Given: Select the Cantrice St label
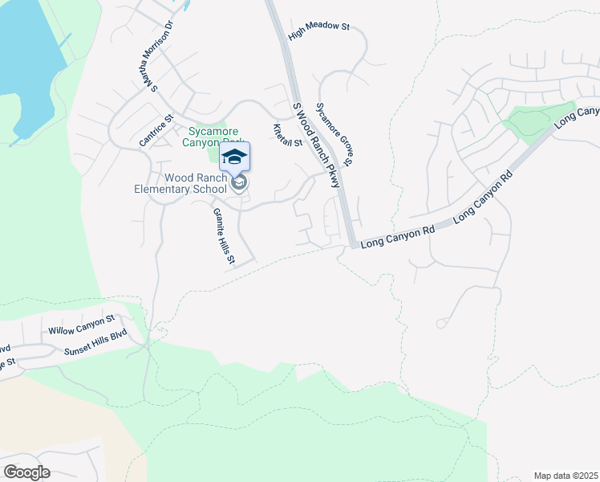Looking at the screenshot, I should click(156, 131).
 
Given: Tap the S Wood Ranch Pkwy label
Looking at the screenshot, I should click(316, 145).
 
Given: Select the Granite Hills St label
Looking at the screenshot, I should click(223, 235).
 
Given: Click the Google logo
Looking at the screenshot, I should click(26, 472).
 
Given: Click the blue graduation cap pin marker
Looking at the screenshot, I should click(234, 157).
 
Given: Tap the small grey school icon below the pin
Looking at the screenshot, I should click(238, 183).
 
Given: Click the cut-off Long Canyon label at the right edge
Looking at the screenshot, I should click(576, 116).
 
